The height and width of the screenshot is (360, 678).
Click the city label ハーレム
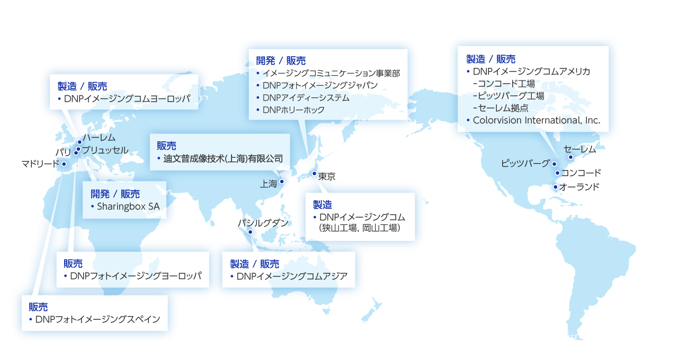click(99, 138)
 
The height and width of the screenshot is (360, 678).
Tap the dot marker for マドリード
click(64, 164)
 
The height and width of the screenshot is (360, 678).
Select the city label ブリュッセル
click(105, 150)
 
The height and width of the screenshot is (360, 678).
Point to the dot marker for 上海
click(281, 182)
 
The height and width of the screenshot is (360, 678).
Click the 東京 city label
click(327, 177)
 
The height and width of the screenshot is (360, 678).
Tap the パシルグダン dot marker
click(251, 232)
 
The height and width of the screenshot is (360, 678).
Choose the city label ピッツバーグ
click(525, 164)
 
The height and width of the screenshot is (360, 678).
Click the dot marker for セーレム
click(570, 157)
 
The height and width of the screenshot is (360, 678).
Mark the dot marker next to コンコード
click(557, 173)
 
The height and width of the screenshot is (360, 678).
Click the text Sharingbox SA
click(128, 206)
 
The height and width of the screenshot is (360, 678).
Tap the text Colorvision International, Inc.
click(537, 120)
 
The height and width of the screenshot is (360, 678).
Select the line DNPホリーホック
click(293, 110)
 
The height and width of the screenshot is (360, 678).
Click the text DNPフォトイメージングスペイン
click(97, 319)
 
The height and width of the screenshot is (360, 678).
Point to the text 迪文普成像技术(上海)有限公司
click(223, 158)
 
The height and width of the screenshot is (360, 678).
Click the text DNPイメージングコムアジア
click(292, 276)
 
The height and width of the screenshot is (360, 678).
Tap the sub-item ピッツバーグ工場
click(511, 96)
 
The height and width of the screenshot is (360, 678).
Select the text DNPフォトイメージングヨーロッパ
click(136, 276)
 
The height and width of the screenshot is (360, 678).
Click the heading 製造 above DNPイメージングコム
click(322, 204)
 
